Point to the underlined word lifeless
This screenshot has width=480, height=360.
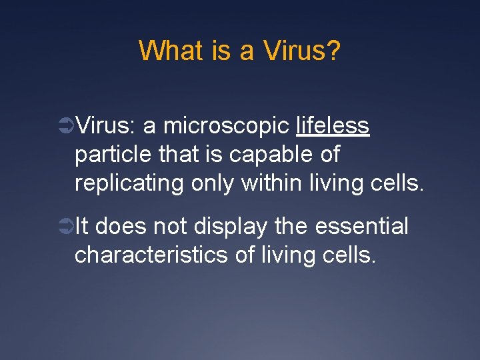click(333, 125)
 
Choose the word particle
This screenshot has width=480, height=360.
click(114, 155)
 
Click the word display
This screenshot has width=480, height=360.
click(233, 227)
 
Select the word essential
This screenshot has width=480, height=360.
click(362, 226)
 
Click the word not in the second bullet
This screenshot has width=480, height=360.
click(170, 226)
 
